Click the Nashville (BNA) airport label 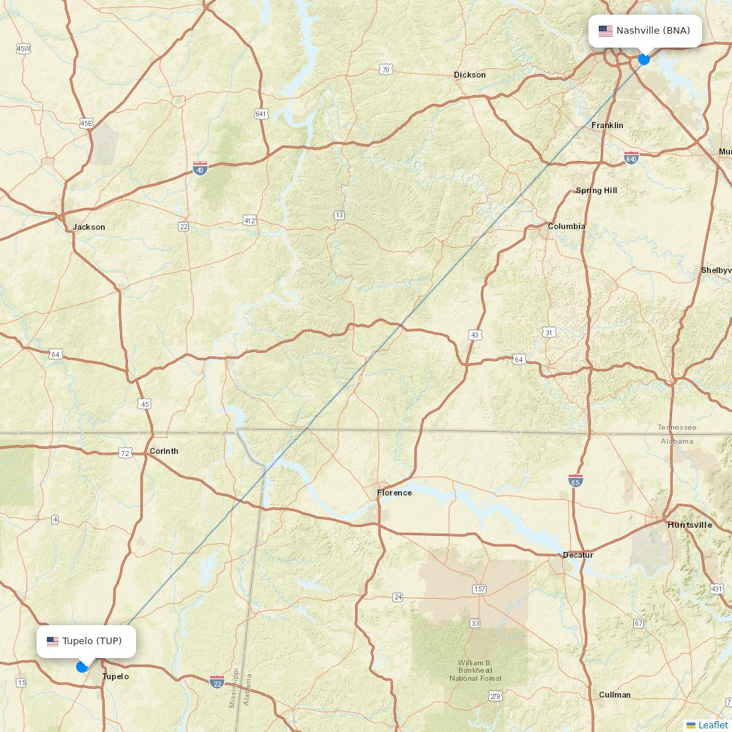click(x=645, y=31)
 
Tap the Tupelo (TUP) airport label click(x=86, y=641)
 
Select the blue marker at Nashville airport click(x=644, y=59)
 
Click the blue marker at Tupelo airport click(x=82, y=666)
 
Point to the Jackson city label click(x=89, y=227)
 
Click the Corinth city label click(x=163, y=451)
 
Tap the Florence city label click(x=395, y=493)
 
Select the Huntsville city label click(x=690, y=525)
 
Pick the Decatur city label click(x=578, y=555)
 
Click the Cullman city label click(x=615, y=695)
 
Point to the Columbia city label click(x=567, y=226)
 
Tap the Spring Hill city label click(x=597, y=190)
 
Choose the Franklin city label click(x=608, y=125)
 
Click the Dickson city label click(x=470, y=75)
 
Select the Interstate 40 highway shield click(x=200, y=168)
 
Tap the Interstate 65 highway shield click(x=575, y=480)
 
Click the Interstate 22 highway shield click(x=217, y=682)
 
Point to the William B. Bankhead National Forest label click(x=476, y=671)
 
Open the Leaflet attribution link click(x=712, y=725)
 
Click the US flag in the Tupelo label click(x=53, y=641)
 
